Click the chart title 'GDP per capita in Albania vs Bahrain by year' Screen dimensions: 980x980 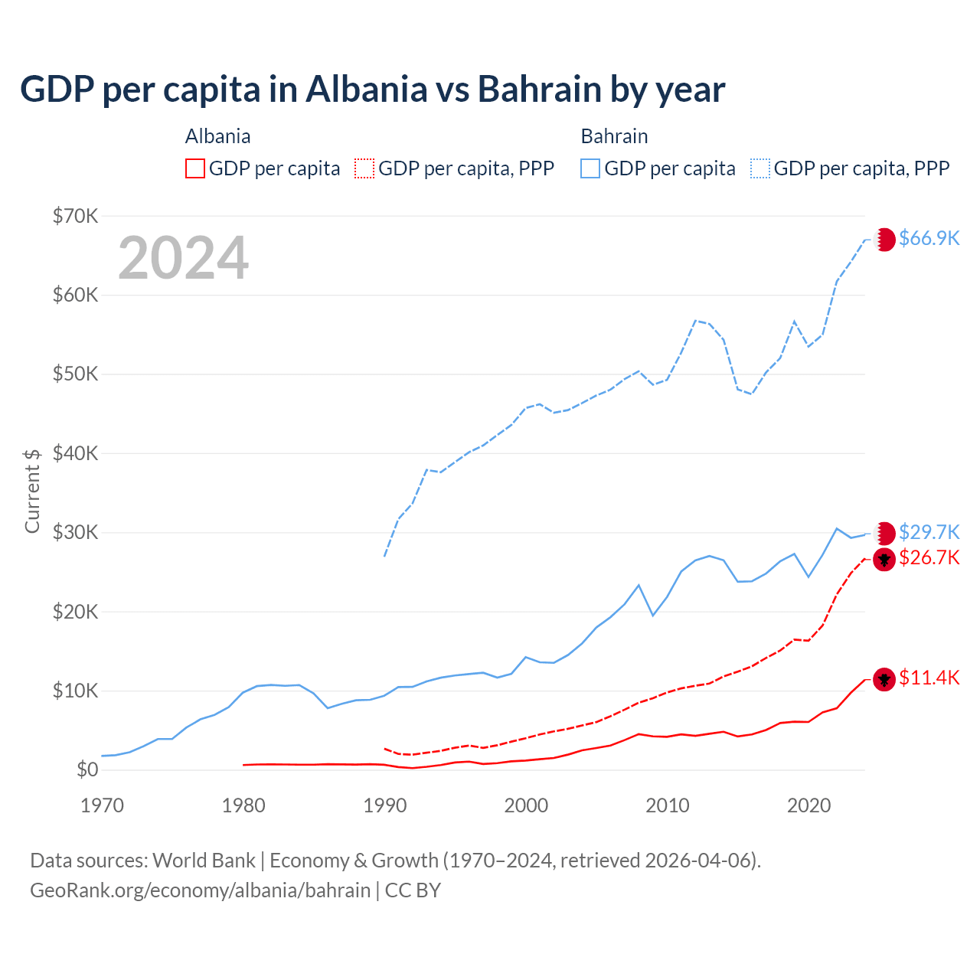pyautogui.click(x=372, y=90)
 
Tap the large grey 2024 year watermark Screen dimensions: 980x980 pyautogui.click(x=184, y=258)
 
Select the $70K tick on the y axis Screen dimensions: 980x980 pyautogui.click(x=75, y=216)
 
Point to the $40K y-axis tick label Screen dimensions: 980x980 pyautogui.click(x=75, y=453)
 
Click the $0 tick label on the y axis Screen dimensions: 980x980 pyautogui.click(x=87, y=769)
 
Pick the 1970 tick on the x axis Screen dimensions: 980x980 pyautogui.click(x=102, y=805)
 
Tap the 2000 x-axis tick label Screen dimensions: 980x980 pyautogui.click(x=526, y=805)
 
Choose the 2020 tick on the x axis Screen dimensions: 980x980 pyautogui.click(x=808, y=805)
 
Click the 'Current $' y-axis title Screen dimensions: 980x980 pyautogui.click(x=32, y=491)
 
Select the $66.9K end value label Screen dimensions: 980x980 pyautogui.click(x=929, y=238)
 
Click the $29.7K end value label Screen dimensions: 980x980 pyautogui.click(x=929, y=532)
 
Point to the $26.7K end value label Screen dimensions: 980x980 pyautogui.click(x=929, y=557)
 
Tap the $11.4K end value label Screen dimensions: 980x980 pyautogui.click(x=929, y=678)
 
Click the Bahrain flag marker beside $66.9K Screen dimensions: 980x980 pyautogui.click(x=885, y=239)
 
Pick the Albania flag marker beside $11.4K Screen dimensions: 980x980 pyautogui.click(x=885, y=678)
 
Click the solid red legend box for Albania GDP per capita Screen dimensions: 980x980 pyautogui.click(x=195, y=168)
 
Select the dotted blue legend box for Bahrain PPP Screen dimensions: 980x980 pyautogui.click(x=760, y=168)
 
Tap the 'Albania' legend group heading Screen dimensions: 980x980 pyautogui.click(x=217, y=136)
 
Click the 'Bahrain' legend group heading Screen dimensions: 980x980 pyautogui.click(x=614, y=136)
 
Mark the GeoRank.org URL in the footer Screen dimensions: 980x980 pyautogui.click(x=201, y=890)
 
